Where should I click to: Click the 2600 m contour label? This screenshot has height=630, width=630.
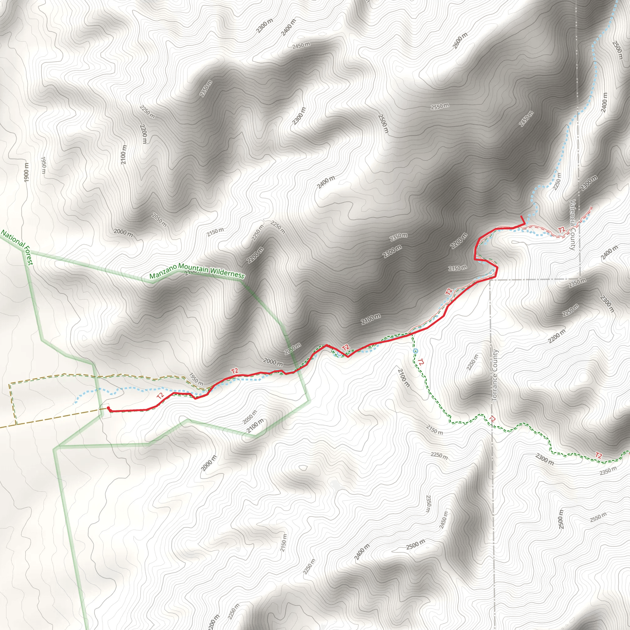point(460,41)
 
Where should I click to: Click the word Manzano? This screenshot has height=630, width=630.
point(163,271)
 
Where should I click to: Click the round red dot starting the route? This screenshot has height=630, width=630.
point(108,408)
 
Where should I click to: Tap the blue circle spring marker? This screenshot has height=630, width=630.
point(415,351)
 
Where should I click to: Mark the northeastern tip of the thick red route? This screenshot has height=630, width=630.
point(521,216)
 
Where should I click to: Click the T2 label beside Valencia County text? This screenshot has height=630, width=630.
point(561,230)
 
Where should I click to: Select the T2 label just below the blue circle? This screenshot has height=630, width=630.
point(421,362)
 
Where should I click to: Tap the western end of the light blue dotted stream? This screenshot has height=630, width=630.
point(74,403)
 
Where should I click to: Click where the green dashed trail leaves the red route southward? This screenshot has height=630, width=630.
point(412,334)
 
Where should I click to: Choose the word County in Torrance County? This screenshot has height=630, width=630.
point(495,360)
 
